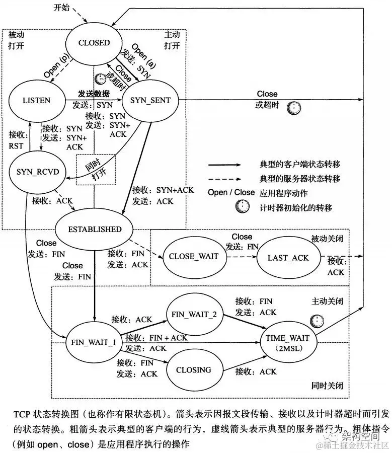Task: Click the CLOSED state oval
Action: (x=94, y=43)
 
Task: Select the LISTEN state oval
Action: (x=36, y=101)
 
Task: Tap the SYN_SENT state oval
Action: (x=150, y=101)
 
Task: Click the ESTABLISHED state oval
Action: (x=95, y=229)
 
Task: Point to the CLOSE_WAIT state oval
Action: (x=194, y=256)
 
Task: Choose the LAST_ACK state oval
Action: (x=288, y=258)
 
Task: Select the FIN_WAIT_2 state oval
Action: (x=194, y=314)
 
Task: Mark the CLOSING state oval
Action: (x=194, y=370)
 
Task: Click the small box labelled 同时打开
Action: (x=96, y=169)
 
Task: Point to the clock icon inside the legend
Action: (x=243, y=207)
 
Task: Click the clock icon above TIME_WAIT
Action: (x=316, y=321)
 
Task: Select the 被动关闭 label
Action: (x=326, y=238)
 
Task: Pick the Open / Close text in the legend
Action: (x=231, y=192)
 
